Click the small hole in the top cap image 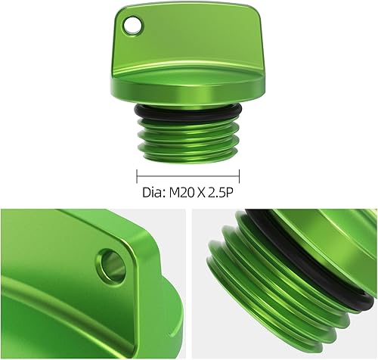tap(135, 26)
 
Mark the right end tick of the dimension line tap(240, 172)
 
